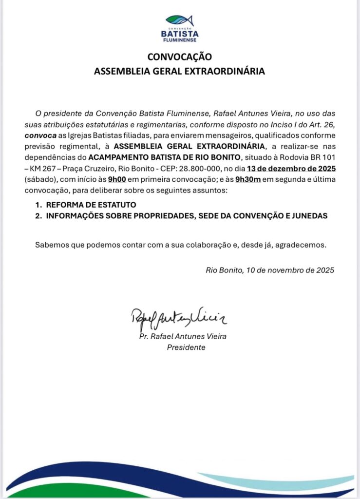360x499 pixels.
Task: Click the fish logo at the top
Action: [x=179, y=20]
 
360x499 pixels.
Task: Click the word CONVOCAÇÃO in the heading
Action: [x=179, y=57]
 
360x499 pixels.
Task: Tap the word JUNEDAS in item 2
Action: [x=310, y=216]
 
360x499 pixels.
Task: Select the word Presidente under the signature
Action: [x=186, y=347]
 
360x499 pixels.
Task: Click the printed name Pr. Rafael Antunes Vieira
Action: [x=183, y=336]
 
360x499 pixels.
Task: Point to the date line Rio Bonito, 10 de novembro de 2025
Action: [x=270, y=270]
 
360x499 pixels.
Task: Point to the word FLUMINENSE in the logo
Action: [x=179, y=41]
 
